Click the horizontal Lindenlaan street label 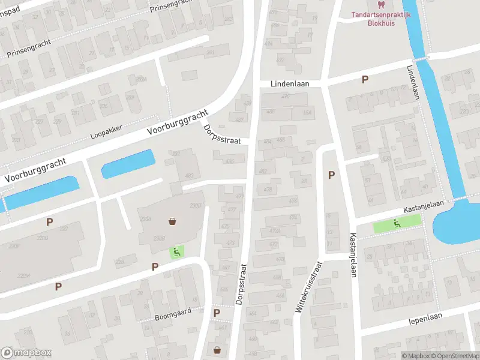pos(290,85)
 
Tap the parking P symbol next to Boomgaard pos(217,313)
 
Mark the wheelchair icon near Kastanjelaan pos(397,224)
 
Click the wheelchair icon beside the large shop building pos(176,252)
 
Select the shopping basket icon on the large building pos(173,221)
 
